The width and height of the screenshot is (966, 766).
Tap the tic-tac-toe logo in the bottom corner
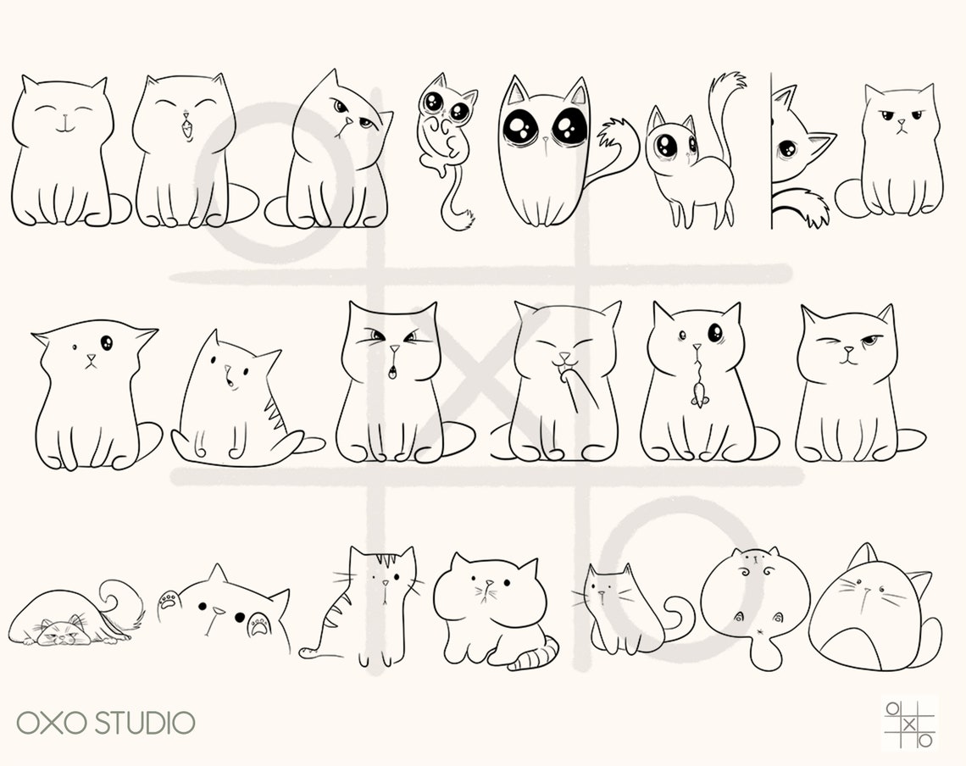908,724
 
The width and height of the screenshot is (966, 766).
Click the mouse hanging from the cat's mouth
698,391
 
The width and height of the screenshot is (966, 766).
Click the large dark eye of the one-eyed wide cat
107,342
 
